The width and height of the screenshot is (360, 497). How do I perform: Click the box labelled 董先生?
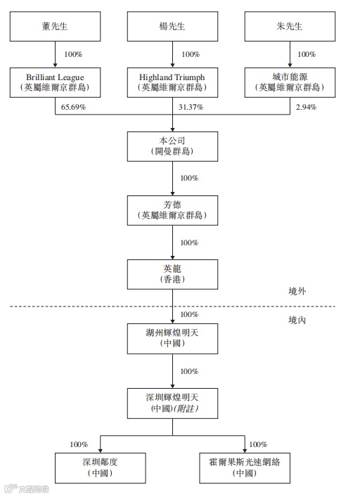point(55,26)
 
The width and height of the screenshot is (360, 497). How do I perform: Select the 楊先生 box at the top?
point(172,26)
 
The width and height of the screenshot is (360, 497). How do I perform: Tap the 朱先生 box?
point(289,26)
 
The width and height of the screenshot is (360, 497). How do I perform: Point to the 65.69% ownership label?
point(72,108)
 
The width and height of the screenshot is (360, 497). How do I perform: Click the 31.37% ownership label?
point(190,108)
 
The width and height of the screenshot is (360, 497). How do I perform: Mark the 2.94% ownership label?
point(306,108)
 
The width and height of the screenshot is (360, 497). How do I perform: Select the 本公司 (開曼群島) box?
point(172,146)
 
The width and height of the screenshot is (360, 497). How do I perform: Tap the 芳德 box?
point(172,209)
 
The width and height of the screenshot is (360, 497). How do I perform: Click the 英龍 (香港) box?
point(172,273)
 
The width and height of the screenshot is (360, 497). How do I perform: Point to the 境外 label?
point(298,291)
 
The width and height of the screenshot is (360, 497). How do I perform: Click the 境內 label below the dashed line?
point(298,320)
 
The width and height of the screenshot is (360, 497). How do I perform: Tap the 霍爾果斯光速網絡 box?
point(245,467)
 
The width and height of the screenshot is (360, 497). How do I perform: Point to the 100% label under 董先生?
point(72,54)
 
